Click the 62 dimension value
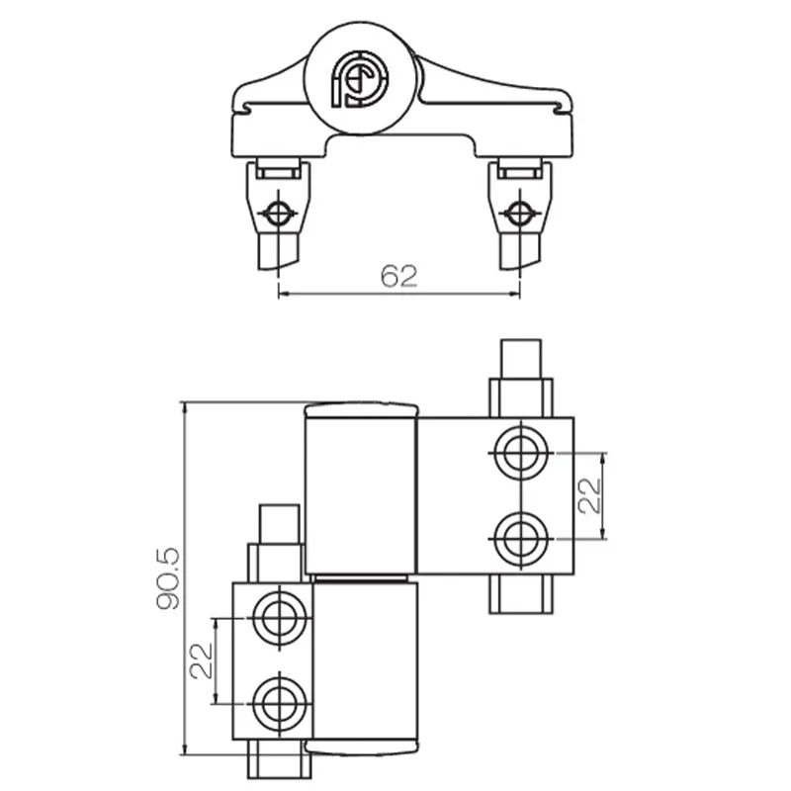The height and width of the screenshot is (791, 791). coord(399,276)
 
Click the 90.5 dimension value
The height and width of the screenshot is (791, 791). coord(169,580)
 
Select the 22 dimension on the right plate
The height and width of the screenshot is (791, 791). coord(589,494)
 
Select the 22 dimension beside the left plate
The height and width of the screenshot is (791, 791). coord(201,659)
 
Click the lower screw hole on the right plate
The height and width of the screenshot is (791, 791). coord(517,538)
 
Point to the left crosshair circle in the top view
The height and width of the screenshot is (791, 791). coord(279,213)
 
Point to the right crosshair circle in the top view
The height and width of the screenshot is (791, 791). coord(518,213)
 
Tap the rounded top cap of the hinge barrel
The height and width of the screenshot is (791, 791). coord(361,408)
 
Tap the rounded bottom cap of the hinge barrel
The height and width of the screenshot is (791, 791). coord(361,747)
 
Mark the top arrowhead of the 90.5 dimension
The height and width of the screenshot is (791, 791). coord(184,406)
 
